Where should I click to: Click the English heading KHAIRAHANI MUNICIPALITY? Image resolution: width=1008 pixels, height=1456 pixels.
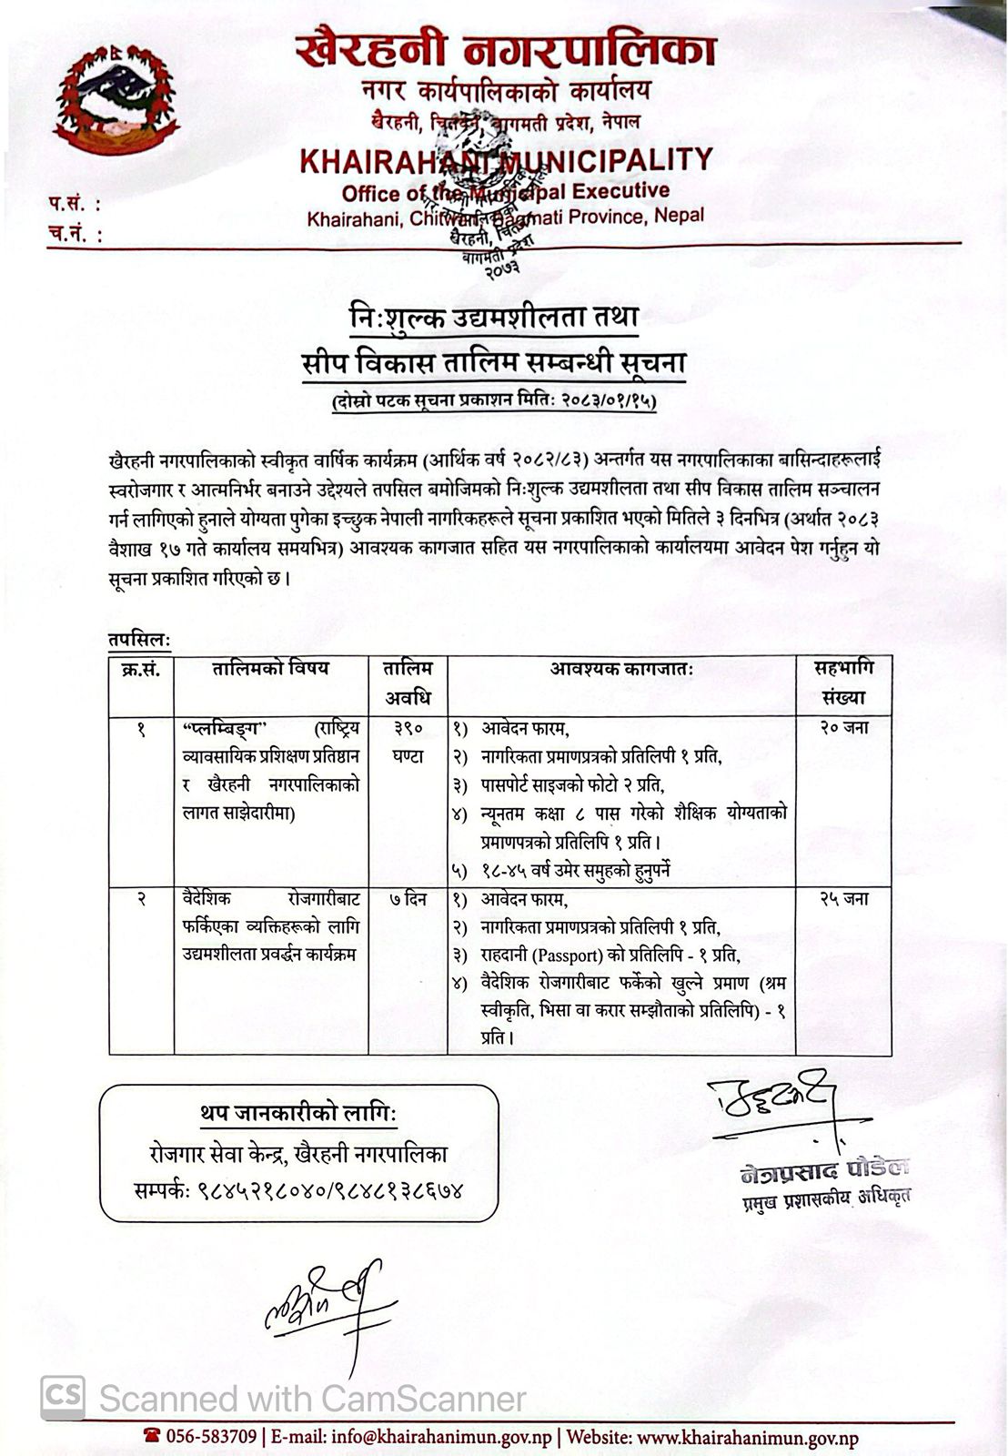tap(505, 161)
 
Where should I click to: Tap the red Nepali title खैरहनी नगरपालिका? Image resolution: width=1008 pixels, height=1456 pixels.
tap(506, 50)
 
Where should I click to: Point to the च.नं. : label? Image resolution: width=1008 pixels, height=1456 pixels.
tap(75, 234)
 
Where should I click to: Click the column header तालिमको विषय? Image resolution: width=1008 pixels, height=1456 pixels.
tap(270, 670)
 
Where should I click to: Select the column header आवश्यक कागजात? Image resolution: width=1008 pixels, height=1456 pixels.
tap(621, 670)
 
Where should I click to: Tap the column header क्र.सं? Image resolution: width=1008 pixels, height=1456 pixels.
tap(141, 670)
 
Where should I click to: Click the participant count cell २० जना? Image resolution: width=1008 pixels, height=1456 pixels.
tap(843, 728)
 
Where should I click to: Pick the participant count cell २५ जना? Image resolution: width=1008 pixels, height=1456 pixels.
tap(843, 899)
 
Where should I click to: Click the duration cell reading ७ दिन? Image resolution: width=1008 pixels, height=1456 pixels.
tap(408, 900)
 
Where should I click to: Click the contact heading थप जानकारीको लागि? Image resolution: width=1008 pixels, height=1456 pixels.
tap(298, 1114)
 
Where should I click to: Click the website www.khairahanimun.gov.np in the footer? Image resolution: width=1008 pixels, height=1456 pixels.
tap(748, 1438)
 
